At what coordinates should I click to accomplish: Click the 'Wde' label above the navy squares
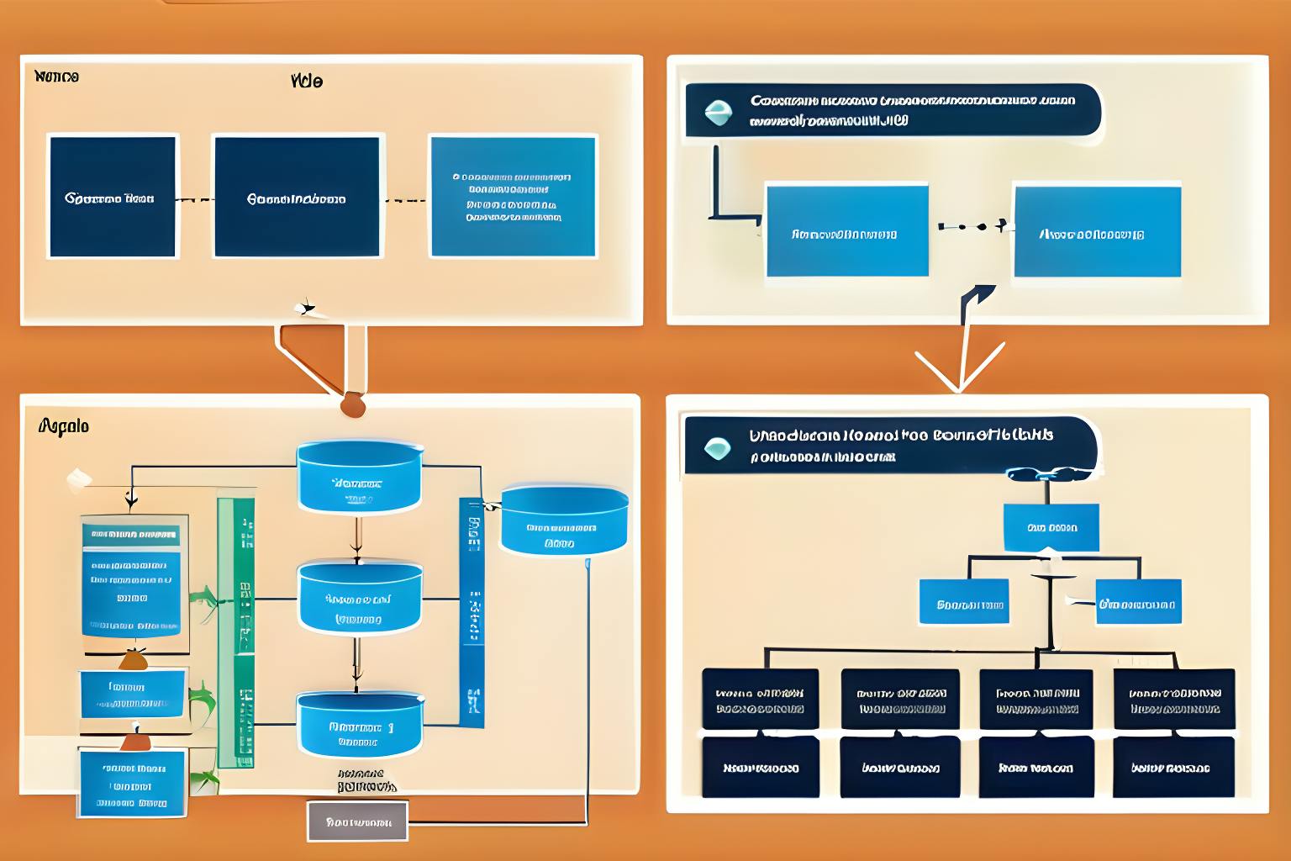click(307, 82)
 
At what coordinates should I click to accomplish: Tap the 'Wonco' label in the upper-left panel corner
click(57, 77)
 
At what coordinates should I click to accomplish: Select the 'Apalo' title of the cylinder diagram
click(64, 426)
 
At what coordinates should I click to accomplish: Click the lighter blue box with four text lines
click(513, 196)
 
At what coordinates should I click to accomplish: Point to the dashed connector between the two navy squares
click(195, 200)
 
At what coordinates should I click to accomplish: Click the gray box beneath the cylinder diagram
click(357, 821)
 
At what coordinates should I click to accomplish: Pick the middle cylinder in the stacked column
click(360, 599)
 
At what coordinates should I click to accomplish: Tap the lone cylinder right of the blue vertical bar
click(564, 520)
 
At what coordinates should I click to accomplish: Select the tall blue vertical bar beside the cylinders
click(472, 612)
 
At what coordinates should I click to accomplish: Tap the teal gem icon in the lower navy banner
click(717, 447)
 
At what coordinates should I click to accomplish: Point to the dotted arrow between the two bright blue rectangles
click(972, 226)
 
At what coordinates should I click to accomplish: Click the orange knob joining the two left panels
click(353, 405)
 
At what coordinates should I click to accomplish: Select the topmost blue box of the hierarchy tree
click(1051, 527)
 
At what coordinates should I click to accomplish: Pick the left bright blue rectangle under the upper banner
click(847, 231)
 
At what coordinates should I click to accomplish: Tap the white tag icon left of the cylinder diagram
click(79, 479)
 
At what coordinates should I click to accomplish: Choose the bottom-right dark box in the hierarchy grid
click(1173, 767)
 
